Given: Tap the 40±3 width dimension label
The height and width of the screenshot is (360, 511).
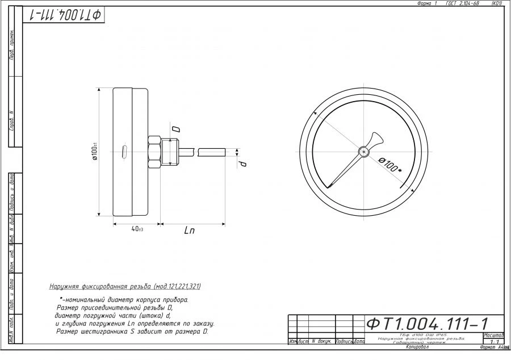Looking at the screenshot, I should pyautogui.click(x=137, y=229).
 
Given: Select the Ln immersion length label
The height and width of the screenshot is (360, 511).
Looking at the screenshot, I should pyautogui.click(x=190, y=231).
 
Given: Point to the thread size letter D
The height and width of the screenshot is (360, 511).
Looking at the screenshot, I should pyautogui.click(x=175, y=129).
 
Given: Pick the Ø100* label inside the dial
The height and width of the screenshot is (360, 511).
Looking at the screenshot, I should pyautogui.click(x=390, y=166).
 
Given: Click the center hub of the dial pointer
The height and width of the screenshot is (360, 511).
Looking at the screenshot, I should pyautogui.click(x=363, y=151).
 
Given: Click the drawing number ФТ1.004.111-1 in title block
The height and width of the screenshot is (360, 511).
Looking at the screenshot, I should pyautogui.click(x=427, y=324).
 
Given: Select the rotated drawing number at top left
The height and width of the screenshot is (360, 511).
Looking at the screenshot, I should pyautogui.click(x=65, y=15).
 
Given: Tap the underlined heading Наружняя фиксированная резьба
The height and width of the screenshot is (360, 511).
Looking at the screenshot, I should pyautogui.click(x=125, y=286).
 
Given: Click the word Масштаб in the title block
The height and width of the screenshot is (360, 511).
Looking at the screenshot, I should pyautogui.click(x=493, y=335).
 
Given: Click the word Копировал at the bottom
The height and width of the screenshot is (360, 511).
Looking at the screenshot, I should pyautogui.click(x=417, y=346).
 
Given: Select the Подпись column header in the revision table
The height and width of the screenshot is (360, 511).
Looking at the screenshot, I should pyautogui.click(x=345, y=342).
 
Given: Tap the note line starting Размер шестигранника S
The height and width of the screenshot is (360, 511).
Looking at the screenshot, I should pyautogui.click(x=132, y=332).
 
